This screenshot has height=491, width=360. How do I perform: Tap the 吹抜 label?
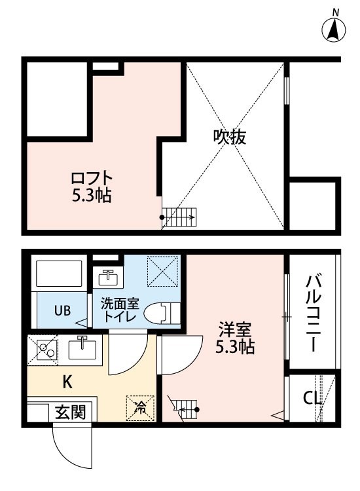(x=230, y=137)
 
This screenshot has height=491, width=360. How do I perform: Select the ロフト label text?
(x=92, y=178)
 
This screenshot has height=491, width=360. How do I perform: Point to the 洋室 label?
(x=235, y=330)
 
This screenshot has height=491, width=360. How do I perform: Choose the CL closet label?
(x=312, y=398)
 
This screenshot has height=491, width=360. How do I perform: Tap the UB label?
(x=63, y=310)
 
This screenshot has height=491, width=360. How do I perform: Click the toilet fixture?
(x=162, y=312)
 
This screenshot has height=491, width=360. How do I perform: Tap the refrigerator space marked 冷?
(x=140, y=408)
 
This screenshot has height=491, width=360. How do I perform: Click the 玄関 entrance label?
(x=71, y=412)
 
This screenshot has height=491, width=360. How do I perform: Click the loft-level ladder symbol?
(x=179, y=217)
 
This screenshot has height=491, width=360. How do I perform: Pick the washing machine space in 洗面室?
(x=163, y=271)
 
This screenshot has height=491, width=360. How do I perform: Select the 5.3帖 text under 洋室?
(x=235, y=346)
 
